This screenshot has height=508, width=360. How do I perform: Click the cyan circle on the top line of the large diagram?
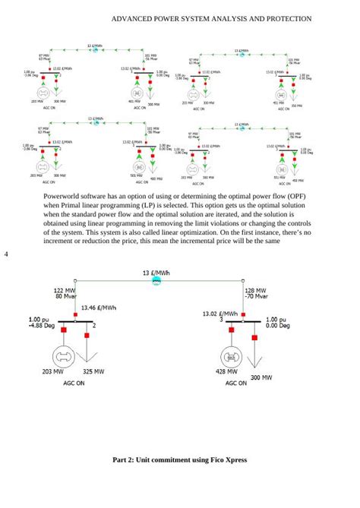point(156,280)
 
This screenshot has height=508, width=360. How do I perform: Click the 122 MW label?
point(64,291)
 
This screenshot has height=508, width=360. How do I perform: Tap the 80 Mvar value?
point(65,297)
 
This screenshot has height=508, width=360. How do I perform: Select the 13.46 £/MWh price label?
point(99,308)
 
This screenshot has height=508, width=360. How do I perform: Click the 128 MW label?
point(254,291)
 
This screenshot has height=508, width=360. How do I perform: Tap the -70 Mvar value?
point(254,297)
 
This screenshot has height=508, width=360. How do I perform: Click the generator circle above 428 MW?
point(231,355)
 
